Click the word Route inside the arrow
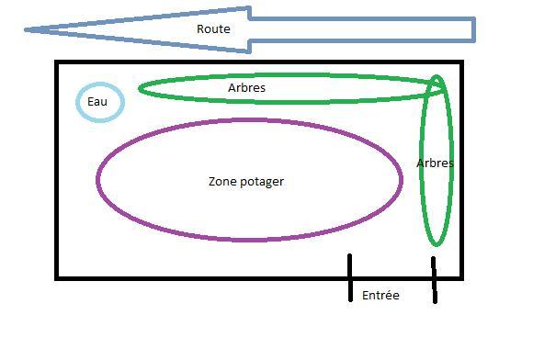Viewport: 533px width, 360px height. coord(213,28)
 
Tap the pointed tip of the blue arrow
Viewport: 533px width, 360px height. coord(26,30)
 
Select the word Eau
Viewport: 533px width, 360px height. coord(97,102)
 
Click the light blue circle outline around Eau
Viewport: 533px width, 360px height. coord(76,102)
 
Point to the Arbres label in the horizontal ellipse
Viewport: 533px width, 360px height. coord(246,88)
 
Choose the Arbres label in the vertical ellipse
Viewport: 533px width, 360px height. coord(435,163)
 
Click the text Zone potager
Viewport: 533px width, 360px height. coord(246,182)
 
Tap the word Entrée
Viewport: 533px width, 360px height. coord(380,295)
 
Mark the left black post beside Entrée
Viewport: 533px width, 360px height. coord(350,277)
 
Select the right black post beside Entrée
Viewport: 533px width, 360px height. coord(434,279)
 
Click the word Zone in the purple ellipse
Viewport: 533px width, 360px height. coord(223,181)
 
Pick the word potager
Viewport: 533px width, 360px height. coord(262,182)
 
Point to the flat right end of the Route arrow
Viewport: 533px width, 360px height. coord(474,29)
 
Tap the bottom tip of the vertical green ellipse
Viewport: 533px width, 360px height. coord(437,245)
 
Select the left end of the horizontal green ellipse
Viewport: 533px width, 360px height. coord(139,89)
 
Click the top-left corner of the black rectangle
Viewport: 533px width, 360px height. coord(56,62)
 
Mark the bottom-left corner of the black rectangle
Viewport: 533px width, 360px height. coord(56,279)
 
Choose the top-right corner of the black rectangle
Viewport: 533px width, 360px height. coord(462,62)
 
